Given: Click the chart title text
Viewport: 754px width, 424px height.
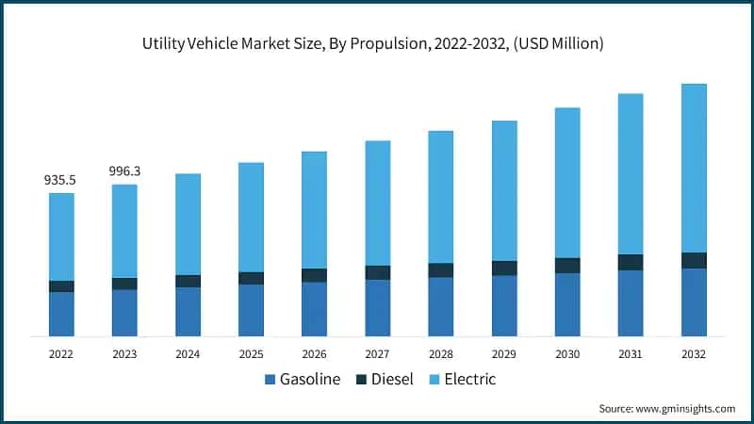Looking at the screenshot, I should point(377,43).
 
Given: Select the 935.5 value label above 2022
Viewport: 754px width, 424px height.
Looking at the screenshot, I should point(61,179).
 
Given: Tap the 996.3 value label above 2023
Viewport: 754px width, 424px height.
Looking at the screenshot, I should point(124,171).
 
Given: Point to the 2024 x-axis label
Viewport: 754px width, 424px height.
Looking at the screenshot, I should point(188,353).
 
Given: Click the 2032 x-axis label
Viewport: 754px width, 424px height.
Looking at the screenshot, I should point(694,353).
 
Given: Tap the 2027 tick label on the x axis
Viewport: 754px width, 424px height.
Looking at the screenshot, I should point(377,353).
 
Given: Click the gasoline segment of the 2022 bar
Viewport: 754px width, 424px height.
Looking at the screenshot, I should point(61,314).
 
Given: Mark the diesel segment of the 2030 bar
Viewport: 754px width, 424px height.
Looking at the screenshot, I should point(567,266).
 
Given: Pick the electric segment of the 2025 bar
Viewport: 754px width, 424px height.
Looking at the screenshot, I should point(251,217).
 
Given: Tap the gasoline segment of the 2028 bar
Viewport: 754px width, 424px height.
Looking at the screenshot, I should point(440,306).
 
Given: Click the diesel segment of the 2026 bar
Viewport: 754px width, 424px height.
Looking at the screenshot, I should point(314,275).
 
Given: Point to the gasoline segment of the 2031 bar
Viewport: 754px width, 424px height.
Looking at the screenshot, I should point(631,302).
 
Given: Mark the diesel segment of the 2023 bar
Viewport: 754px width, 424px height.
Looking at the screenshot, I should point(124,284).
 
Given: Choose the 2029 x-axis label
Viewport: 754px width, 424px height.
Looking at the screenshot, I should point(504,353).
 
